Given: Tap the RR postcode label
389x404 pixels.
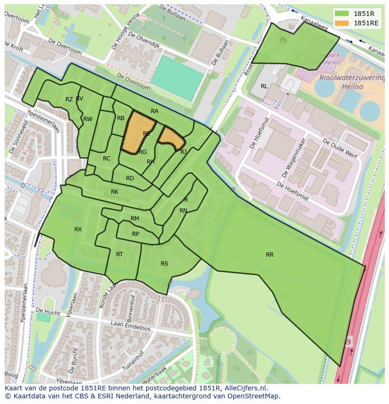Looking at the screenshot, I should pyautogui.click(x=270, y=255).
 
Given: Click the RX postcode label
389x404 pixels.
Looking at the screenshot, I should pyautogui.click(x=78, y=229).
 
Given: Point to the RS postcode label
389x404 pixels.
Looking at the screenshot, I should pyautogui.click(x=164, y=264).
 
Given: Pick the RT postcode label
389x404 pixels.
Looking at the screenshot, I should pyautogui.click(x=119, y=254).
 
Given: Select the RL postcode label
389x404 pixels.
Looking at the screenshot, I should pyautogui.click(x=264, y=86).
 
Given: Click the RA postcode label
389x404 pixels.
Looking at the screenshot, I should pyautogui.click(x=155, y=111).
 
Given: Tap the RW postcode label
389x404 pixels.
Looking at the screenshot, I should pyautogui.click(x=88, y=119).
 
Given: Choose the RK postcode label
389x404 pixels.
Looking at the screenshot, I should pyautogui.click(x=115, y=192).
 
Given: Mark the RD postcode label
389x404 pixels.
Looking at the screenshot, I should pyautogui.click(x=130, y=178).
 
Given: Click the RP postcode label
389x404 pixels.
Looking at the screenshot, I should pyautogui.click(x=135, y=234).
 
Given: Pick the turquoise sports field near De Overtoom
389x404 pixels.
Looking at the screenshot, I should pyautogui.click(x=178, y=77).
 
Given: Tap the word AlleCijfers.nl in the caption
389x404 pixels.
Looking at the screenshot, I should pyautogui.click(x=243, y=388).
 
